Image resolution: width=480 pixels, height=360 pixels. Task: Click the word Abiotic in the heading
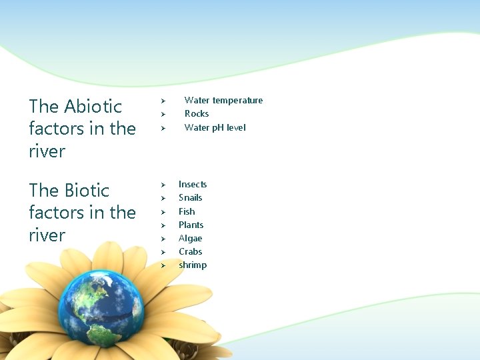(93, 107)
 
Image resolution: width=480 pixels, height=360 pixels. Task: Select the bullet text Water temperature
(223, 100)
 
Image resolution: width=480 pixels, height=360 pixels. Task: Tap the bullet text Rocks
(197, 114)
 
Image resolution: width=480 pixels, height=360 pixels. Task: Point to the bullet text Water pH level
(215, 127)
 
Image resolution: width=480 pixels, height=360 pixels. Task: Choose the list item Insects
(193, 184)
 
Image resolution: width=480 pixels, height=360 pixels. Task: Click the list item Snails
(190, 198)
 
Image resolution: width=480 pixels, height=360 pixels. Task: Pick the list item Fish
(187, 211)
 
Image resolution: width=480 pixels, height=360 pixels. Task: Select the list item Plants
(191, 225)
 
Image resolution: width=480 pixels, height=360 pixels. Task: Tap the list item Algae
(190, 238)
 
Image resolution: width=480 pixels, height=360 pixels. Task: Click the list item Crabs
(190, 251)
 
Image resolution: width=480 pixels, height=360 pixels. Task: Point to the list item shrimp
(193, 265)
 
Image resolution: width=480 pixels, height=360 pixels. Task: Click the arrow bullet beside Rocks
(162, 115)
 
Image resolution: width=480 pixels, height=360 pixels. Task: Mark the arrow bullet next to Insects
(162, 185)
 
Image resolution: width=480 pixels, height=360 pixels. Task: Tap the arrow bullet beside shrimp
(162, 266)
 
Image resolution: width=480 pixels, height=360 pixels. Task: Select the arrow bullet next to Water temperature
(162, 101)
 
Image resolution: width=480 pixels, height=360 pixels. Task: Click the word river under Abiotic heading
(47, 151)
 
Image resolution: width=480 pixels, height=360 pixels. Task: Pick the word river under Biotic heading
(47, 235)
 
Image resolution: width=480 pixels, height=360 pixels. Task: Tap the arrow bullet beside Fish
(162, 212)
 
